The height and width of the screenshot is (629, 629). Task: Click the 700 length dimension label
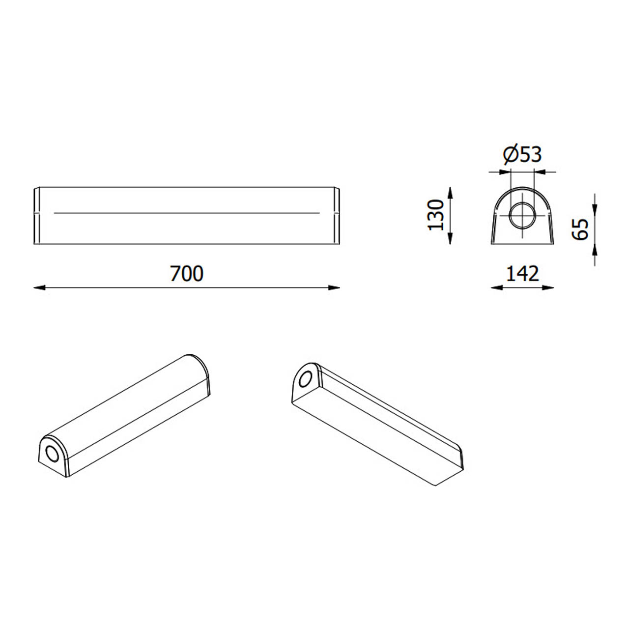click(187, 274)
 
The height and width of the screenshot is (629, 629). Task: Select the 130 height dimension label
click(436, 215)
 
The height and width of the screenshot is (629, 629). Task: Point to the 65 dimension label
click(580, 229)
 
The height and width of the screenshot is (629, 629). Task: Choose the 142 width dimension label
click(522, 274)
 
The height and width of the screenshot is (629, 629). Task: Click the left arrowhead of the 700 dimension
click(39, 287)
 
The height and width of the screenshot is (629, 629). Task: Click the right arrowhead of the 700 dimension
click(334, 287)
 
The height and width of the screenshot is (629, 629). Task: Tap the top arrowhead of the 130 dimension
click(450, 193)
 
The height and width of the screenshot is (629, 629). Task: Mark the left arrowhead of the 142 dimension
click(497, 287)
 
